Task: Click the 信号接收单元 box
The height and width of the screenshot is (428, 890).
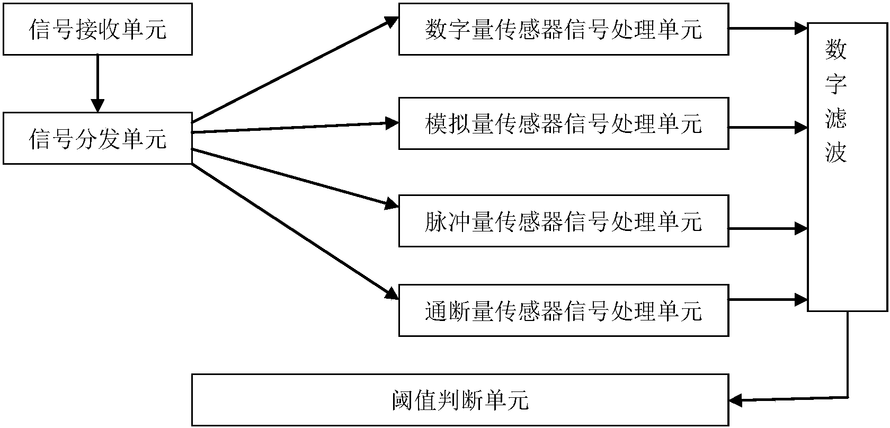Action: pos(97,30)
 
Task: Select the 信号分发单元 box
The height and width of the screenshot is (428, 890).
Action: pos(97,138)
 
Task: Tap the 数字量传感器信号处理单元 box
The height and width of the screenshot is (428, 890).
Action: pos(563,30)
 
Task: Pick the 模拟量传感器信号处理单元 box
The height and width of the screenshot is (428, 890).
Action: pos(563,123)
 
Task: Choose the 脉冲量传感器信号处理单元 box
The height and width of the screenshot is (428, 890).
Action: pos(563,221)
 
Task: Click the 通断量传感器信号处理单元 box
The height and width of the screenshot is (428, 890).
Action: pos(563,310)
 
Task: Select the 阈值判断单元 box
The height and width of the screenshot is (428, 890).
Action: pos(460,400)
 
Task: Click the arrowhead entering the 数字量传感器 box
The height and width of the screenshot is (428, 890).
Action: pos(392,22)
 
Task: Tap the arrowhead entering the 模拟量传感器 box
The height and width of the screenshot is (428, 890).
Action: pos(392,123)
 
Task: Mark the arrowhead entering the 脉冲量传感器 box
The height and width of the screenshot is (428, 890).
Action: pos(392,203)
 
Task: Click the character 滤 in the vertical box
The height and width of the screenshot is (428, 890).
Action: pos(836,119)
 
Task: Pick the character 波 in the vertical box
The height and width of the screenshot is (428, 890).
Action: pos(836,154)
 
